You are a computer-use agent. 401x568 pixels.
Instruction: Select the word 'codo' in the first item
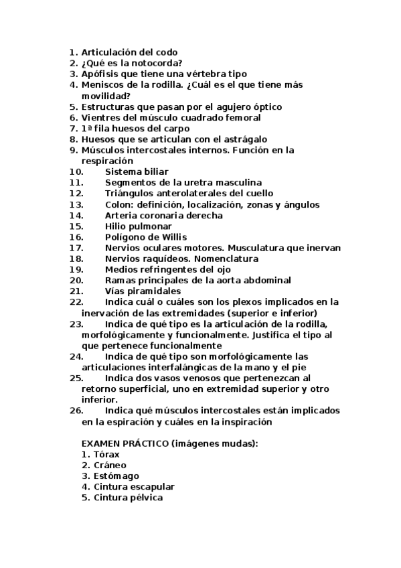[167, 52]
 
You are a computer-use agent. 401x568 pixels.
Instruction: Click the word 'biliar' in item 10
[155, 171]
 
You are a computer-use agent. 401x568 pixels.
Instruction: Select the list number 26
[76, 411]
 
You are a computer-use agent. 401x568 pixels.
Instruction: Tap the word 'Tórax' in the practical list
[107, 454]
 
